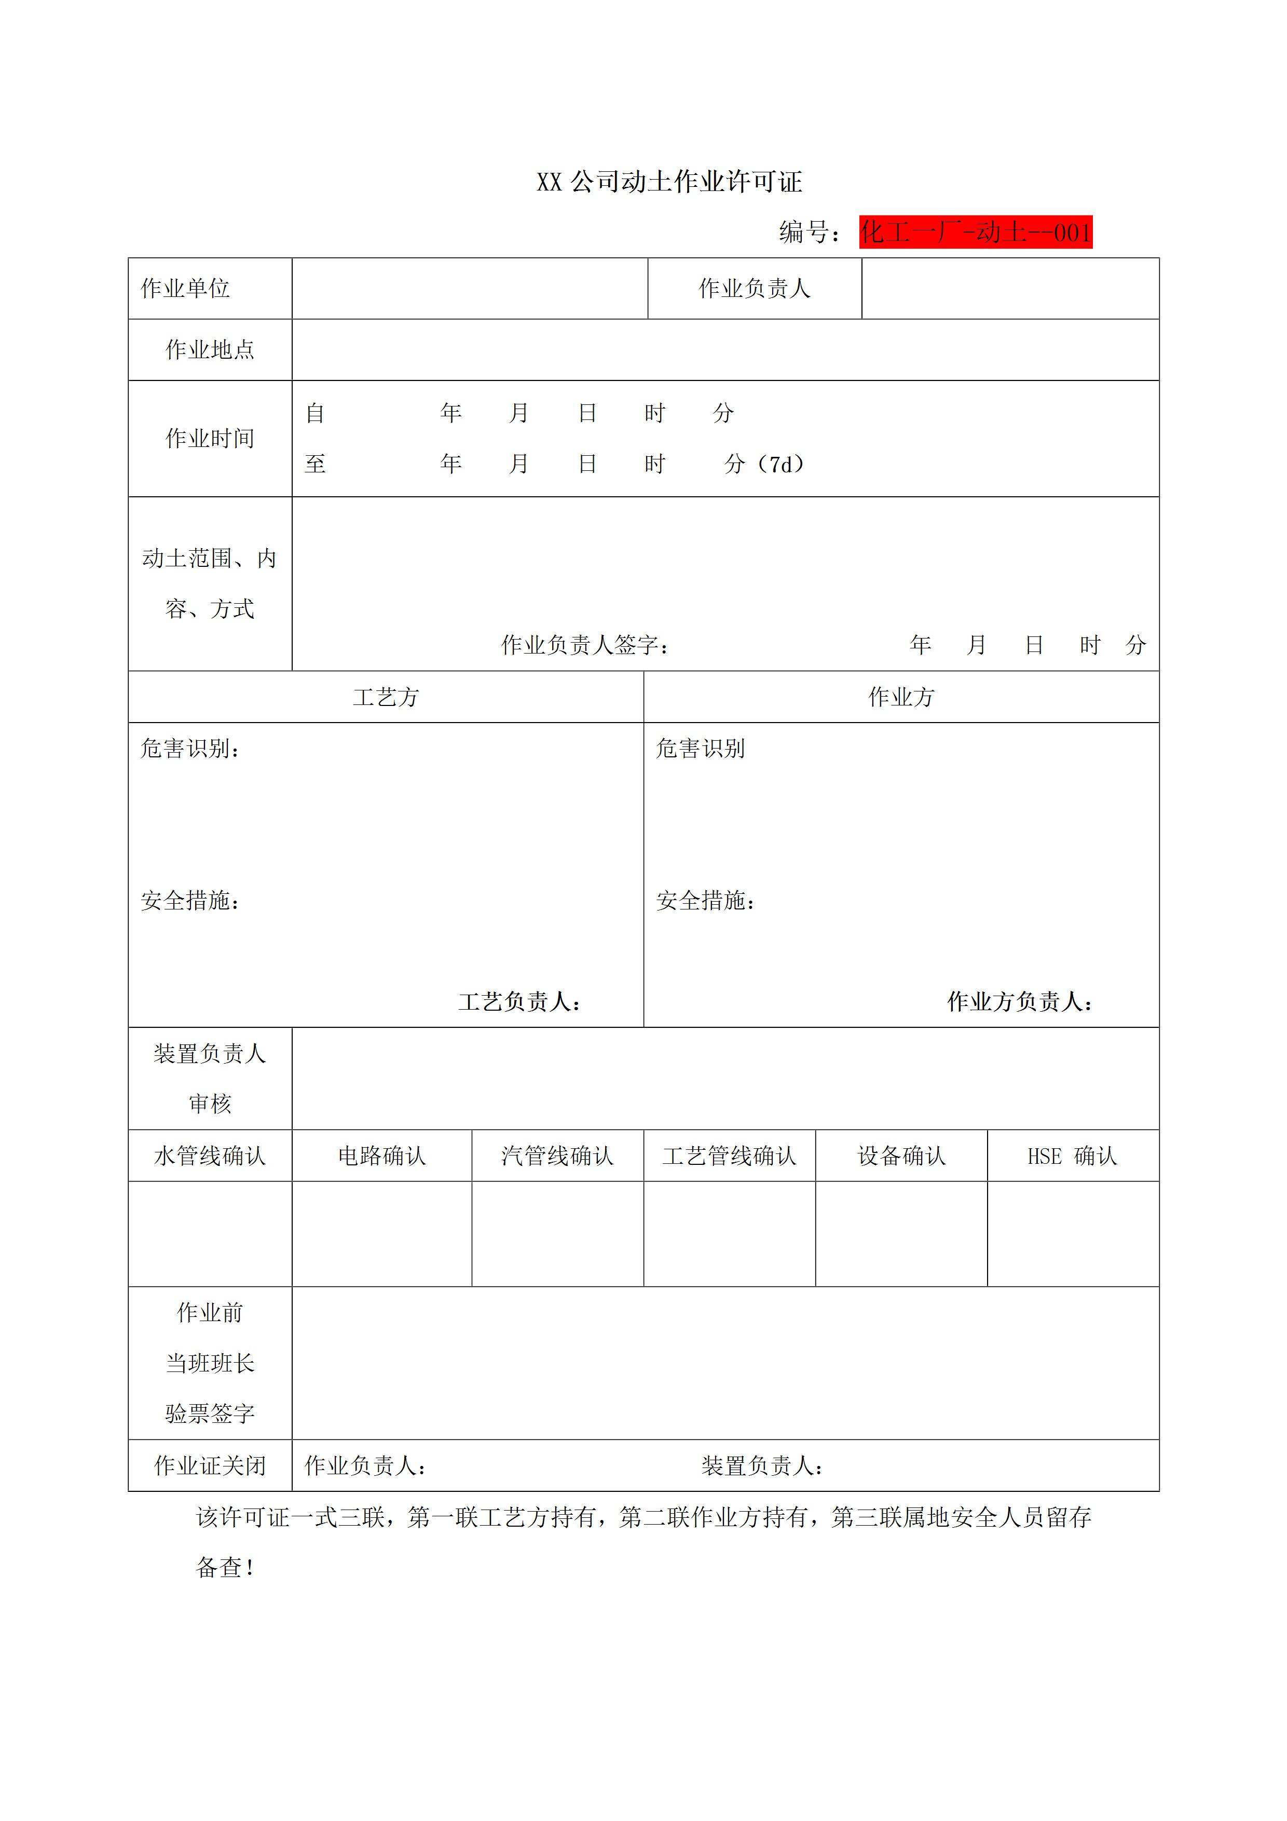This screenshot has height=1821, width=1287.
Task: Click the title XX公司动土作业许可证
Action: [x=669, y=182]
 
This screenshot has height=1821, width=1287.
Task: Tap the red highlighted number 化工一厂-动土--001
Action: [x=975, y=233]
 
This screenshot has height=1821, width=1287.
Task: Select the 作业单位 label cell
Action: [x=186, y=289]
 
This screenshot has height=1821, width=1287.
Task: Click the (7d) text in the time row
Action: [x=781, y=464]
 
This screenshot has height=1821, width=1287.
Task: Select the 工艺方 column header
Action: [x=386, y=697]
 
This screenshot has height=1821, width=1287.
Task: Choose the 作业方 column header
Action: [x=901, y=697]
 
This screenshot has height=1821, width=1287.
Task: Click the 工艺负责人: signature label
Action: [x=520, y=1002]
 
